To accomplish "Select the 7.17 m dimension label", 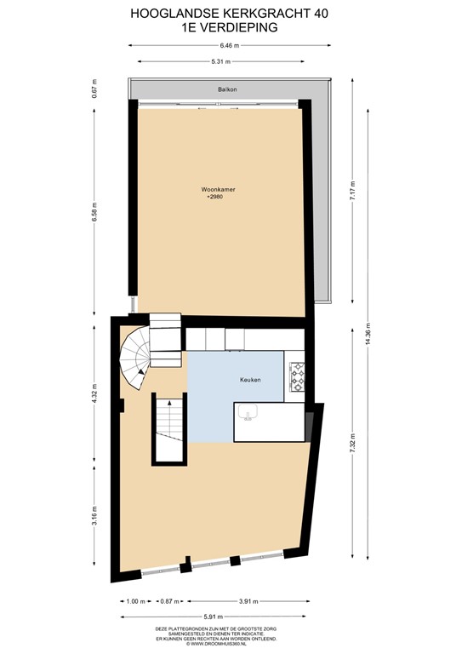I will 349,193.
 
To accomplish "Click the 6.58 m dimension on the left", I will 95,210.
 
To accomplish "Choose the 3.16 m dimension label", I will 95,516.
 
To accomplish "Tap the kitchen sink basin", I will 249,413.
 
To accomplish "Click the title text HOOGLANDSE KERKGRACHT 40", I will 230,14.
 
